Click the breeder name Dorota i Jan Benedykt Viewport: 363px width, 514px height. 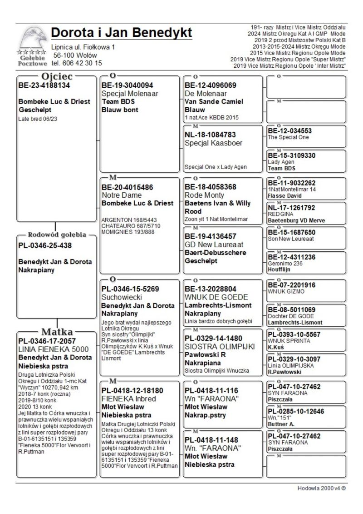(x=122, y=33)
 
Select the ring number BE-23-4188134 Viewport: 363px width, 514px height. (x=44, y=85)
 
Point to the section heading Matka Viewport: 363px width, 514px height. (x=57, y=331)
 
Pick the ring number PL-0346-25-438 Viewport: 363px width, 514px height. (x=45, y=246)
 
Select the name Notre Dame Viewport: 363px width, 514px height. (x=122, y=195)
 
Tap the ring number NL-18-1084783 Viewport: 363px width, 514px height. (x=211, y=135)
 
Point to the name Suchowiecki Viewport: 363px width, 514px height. (x=121, y=297)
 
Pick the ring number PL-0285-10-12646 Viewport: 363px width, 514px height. (x=295, y=411)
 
